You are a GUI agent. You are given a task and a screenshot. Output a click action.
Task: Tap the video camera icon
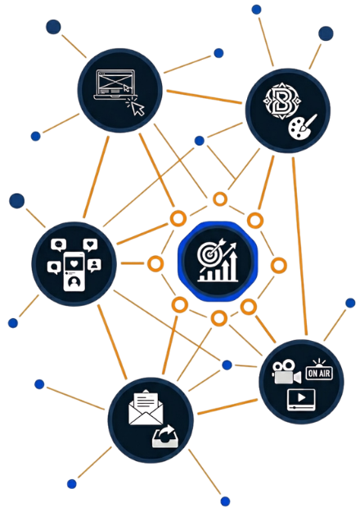(286, 372)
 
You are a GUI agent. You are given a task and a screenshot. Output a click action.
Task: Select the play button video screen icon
(301, 399)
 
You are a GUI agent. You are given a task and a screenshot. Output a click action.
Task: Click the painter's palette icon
(302, 128)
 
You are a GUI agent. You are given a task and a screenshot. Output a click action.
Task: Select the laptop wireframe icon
(115, 84)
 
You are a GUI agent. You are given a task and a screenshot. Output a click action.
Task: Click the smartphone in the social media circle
(74, 271)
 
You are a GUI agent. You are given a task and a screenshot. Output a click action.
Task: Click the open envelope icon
(146, 407)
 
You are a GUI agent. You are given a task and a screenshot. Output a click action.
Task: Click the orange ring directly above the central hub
(220, 199)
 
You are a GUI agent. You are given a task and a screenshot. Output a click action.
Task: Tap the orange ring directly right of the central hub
(279, 266)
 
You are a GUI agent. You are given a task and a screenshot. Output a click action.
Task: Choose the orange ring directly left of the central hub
(155, 263)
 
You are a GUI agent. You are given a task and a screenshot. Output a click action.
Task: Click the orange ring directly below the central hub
(218, 318)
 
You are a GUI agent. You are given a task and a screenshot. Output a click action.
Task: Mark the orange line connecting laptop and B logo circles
(204, 96)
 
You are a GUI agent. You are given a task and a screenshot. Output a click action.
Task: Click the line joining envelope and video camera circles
(227, 406)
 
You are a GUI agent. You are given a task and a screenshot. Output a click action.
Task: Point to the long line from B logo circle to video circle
(299, 246)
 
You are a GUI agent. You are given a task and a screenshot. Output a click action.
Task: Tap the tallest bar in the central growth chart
(233, 267)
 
